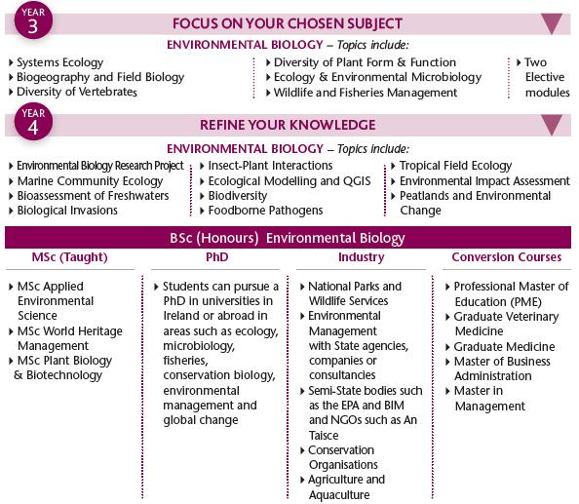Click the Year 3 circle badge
33,20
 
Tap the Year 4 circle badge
33,122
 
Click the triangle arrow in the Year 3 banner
552,23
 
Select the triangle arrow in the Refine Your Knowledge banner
552,125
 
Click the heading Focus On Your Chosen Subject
288,23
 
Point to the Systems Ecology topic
59,62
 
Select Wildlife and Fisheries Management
366,93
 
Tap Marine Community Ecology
90,181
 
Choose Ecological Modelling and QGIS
289,181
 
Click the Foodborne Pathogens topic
265,211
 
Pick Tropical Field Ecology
455,166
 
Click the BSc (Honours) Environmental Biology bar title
288,238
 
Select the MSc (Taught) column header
70,257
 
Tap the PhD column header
216,257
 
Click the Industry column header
361,257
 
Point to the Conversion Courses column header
506,257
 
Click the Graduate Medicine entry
504,347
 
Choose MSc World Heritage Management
70,338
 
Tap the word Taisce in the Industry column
324,436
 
